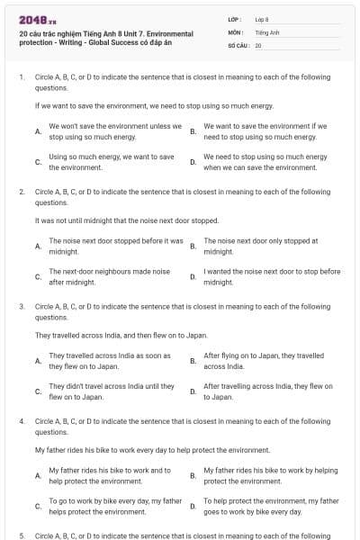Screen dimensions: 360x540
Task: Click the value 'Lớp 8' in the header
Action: pyautogui.click(x=262, y=19)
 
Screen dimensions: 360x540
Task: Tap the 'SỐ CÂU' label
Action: pyautogui.click(x=239, y=44)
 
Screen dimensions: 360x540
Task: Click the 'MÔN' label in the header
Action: pyautogui.click(x=236, y=31)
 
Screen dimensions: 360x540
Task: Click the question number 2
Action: pyautogui.click(x=21, y=192)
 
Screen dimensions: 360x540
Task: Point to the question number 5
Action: pyautogui.click(x=21, y=535)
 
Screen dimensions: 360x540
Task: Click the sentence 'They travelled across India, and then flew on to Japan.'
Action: pyautogui.click(x=108, y=335)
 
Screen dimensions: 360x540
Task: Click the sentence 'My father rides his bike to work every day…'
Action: pyautogui.click(x=139, y=449)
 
